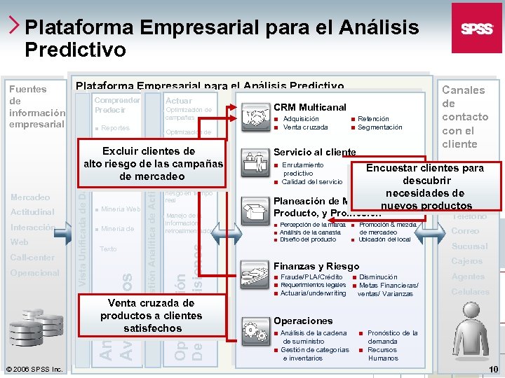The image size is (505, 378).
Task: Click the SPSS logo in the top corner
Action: [476, 28]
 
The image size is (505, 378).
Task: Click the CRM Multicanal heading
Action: [309, 107]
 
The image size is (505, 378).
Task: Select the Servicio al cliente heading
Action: [314, 152]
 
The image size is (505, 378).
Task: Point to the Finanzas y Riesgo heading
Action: [316, 266]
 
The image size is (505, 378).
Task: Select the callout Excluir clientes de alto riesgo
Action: [154, 164]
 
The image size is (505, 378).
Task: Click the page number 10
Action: [493, 369]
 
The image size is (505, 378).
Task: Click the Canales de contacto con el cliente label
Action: [464, 116]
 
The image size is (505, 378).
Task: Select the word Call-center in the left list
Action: [32, 258]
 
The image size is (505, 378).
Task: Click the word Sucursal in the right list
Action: [469, 246]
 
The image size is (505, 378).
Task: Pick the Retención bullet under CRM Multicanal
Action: [372, 119]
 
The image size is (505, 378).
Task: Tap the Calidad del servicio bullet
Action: [312, 182]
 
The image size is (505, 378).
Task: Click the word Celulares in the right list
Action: [470, 292]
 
